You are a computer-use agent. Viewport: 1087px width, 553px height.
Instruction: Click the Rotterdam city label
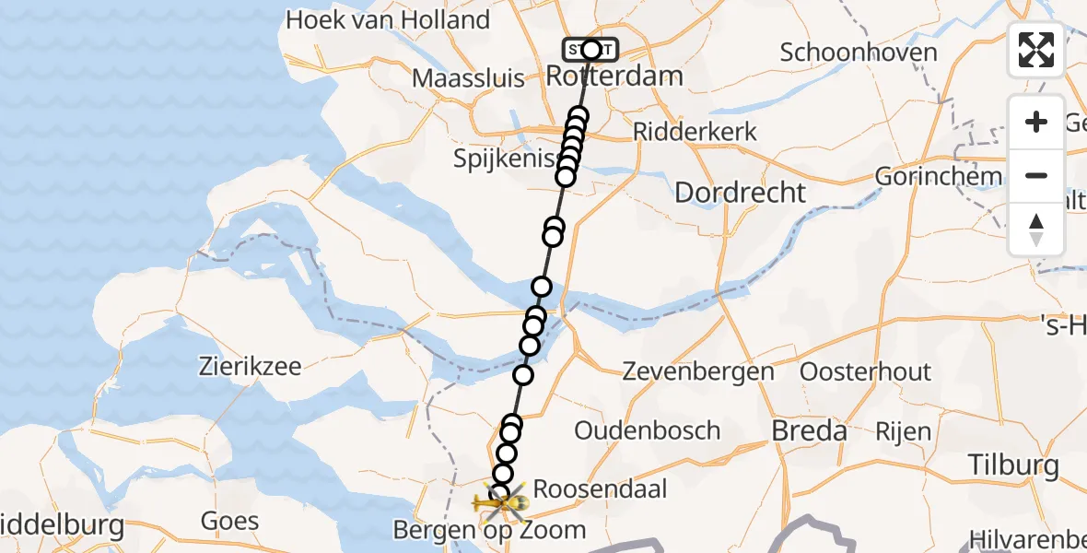click(614, 76)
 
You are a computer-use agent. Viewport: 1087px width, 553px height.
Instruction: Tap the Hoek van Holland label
click(388, 19)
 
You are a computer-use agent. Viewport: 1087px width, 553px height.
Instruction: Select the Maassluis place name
click(468, 77)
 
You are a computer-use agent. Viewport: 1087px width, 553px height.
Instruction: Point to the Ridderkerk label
click(695, 131)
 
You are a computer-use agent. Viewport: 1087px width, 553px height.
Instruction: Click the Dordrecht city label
click(741, 193)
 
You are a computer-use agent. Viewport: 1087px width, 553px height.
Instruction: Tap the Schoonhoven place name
click(859, 52)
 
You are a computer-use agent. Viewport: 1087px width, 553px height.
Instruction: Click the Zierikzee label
click(251, 366)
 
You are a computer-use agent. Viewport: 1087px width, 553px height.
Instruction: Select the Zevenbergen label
click(698, 371)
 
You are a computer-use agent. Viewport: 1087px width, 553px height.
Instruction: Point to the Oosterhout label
click(866, 371)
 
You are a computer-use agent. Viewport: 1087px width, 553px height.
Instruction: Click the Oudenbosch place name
click(647, 429)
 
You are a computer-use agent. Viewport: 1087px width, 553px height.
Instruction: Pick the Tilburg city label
click(1014, 465)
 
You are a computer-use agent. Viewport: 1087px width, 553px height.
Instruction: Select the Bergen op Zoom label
click(489, 530)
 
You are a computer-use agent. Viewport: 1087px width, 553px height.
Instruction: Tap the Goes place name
click(229, 521)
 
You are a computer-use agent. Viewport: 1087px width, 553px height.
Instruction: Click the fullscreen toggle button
click(1036, 50)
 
